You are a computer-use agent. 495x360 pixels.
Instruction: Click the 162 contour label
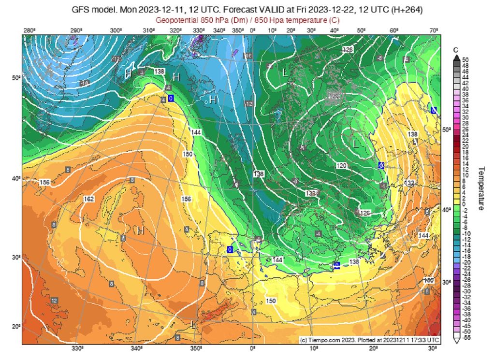(x=88, y=199)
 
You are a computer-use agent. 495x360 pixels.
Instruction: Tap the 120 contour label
(x=341, y=166)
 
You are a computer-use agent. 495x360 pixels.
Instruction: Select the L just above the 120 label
(x=356, y=144)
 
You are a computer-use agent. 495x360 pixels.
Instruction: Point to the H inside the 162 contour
(x=140, y=230)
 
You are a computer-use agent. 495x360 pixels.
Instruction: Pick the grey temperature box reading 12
(x=54, y=301)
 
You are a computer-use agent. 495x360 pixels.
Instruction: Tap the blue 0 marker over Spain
(x=230, y=249)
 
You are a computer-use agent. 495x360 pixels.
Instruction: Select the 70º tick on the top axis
(x=434, y=31)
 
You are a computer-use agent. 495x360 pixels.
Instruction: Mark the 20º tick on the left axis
(x=15, y=327)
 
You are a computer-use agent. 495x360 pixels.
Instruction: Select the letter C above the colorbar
(x=455, y=50)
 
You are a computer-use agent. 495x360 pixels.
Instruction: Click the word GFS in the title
(x=81, y=10)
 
